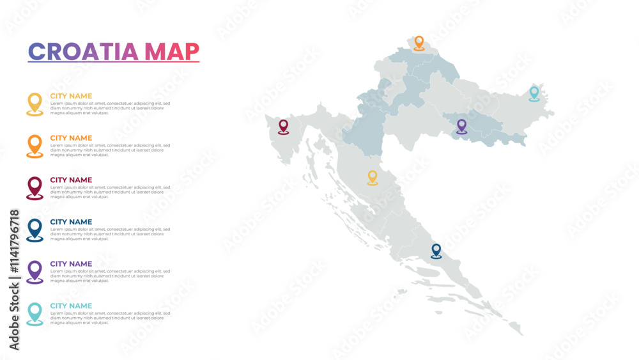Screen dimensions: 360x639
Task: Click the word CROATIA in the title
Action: click(84, 52)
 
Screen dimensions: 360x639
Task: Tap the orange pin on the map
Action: click(419, 43)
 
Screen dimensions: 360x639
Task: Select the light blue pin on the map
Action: click(534, 93)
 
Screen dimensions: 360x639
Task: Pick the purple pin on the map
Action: click(461, 126)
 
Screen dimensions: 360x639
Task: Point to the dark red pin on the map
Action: click(283, 127)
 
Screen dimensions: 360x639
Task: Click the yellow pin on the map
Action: click(373, 177)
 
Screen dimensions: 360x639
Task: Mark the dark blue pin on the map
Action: click(436, 251)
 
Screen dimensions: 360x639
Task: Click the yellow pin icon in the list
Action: click(35, 104)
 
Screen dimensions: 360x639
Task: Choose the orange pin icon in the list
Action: click(35, 146)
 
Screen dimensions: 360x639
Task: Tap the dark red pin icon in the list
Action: click(35, 187)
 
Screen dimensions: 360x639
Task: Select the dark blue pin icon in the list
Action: click(35, 230)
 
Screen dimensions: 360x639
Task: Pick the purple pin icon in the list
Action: click(35, 271)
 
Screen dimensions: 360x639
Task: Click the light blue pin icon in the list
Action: click(35, 313)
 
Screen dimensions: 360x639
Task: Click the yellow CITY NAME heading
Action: click(71, 97)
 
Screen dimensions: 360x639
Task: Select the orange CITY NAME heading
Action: click(71, 138)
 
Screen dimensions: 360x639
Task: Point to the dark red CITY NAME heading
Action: click(71, 180)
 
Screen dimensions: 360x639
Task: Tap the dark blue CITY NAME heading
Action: click(71, 222)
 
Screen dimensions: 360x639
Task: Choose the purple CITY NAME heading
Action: click(71, 264)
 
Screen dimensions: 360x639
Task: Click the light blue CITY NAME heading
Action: click(71, 306)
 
